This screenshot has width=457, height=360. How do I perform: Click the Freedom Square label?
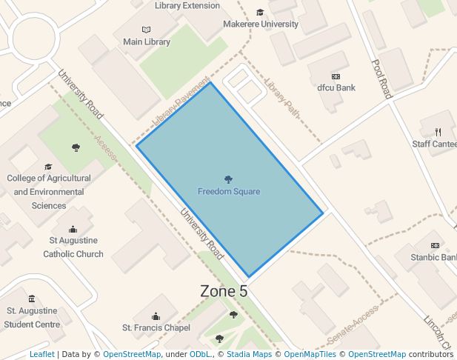(228, 192)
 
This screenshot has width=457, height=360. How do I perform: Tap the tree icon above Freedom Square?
(228, 179)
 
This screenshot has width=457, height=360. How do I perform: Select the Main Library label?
(147, 42)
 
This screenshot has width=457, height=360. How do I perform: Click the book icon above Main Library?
(146, 30)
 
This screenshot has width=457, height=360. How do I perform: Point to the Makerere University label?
(261, 24)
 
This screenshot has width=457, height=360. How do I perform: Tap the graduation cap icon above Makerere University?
(260, 12)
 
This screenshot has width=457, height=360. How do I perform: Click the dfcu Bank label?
(336, 87)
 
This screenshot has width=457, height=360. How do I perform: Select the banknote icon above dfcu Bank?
(336, 76)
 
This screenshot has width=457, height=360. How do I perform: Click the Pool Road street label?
(381, 79)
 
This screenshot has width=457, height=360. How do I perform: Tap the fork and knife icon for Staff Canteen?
(438, 132)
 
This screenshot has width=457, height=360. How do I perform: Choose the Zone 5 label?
(224, 292)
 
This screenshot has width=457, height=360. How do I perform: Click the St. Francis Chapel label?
(156, 327)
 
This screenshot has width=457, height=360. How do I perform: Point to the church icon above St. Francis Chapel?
(156, 316)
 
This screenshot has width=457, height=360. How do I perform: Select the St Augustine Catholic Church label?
(73, 247)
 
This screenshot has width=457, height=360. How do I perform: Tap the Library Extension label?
(187, 6)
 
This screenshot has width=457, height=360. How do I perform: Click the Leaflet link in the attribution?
(41, 354)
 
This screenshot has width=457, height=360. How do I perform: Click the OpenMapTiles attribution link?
(310, 354)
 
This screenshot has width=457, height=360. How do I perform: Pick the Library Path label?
(282, 99)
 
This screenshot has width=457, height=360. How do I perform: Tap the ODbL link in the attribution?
(200, 354)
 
